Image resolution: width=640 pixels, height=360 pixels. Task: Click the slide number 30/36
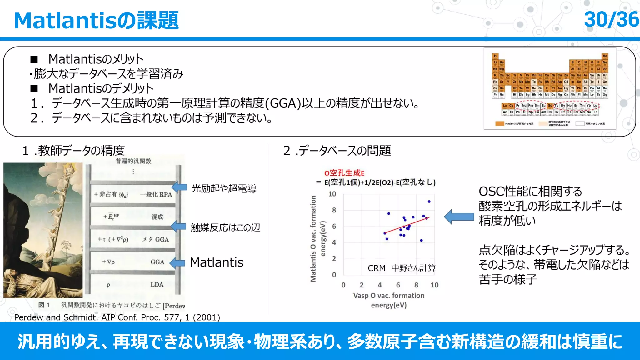click(x=611, y=20)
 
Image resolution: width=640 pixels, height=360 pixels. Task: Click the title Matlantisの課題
click(x=96, y=21)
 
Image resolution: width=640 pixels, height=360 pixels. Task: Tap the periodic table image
click(x=550, y=89)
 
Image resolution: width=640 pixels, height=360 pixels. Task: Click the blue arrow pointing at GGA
click(x=178, y=263)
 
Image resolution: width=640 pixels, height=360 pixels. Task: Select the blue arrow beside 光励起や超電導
click(x=180, y=187)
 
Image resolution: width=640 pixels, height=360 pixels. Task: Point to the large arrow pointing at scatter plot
click(x=459, y=217)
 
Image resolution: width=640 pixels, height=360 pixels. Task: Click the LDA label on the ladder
click(x=157, y=285)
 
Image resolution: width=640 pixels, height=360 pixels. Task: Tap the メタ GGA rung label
click(x=155, y=239)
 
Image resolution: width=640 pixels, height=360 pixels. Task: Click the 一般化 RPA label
click(x=156, y=194)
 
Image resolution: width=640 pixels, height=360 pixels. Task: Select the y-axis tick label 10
click(x=332, y=194)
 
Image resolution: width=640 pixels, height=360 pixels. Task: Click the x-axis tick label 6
click(x=398, y=285)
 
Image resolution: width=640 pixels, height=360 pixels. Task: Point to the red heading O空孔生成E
click(x=344, y=173)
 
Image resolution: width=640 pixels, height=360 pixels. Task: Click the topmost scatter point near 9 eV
click(x=429, y=202)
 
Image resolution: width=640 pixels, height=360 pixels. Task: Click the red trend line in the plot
click(x=406, y=225)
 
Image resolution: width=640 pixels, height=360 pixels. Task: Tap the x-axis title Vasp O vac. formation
click(x=389, y=296)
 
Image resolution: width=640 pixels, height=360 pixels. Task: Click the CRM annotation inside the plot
click(x=376, y=268)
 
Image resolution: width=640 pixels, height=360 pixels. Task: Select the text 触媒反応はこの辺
click(x=225, y=227)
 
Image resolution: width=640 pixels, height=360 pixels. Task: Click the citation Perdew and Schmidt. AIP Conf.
click(x=117, y=317)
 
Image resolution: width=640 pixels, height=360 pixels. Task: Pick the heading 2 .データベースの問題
click(x=337, y=151)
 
